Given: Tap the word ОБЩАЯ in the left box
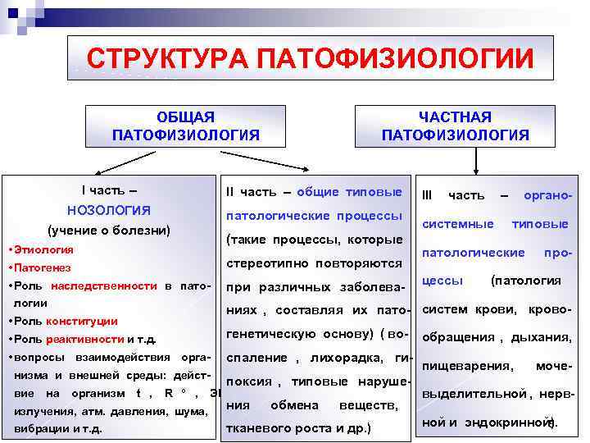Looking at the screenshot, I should click(x=185, y=117).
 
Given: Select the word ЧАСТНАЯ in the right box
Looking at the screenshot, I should click(x=455, y=117).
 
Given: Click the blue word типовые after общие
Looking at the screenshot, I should click(x=373, y=191).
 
